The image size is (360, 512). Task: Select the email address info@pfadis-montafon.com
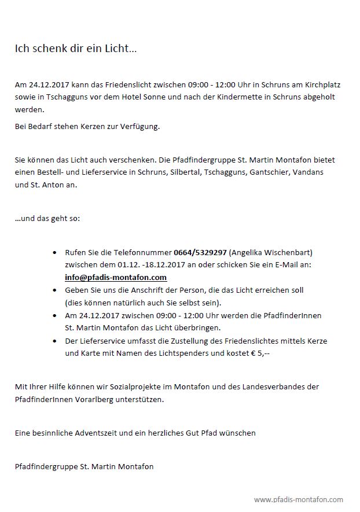pos(116,277)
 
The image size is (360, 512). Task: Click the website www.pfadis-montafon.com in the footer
pos(298,499)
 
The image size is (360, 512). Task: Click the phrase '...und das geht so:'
pos(47,219)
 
